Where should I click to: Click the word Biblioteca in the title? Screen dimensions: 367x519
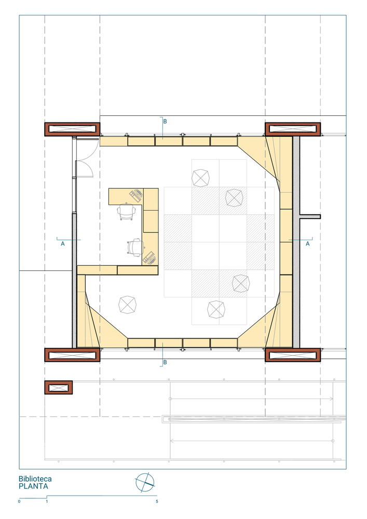coord(35,479)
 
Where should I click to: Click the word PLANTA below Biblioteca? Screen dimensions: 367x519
coord(33,486)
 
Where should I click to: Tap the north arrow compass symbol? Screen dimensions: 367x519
coord(145,482)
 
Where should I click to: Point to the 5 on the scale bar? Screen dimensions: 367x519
coord(157,501)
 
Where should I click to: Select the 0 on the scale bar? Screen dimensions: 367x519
coord(19,501)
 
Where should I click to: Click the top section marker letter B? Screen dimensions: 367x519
coord(165,121)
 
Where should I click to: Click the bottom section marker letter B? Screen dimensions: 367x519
coord(165,362)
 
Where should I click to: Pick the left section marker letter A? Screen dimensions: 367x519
coord(63,243)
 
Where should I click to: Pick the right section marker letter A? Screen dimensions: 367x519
coord(308,243)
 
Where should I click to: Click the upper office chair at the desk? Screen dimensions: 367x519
coord(126,211)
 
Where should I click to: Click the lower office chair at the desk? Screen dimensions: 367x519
coord(135,248)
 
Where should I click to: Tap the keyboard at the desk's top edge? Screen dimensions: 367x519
coord(136,195)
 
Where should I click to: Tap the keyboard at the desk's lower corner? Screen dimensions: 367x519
coord(149,258)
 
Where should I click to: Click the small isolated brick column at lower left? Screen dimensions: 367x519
coord(59,387)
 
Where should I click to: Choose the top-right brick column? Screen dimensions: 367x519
coord(293,129)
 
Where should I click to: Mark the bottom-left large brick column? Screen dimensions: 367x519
coord(73,355)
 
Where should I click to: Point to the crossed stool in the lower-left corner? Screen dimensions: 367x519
coord(127,305)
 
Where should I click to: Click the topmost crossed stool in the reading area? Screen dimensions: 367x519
coord(200,177)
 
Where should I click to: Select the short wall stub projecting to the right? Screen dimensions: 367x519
coord(310,217)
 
